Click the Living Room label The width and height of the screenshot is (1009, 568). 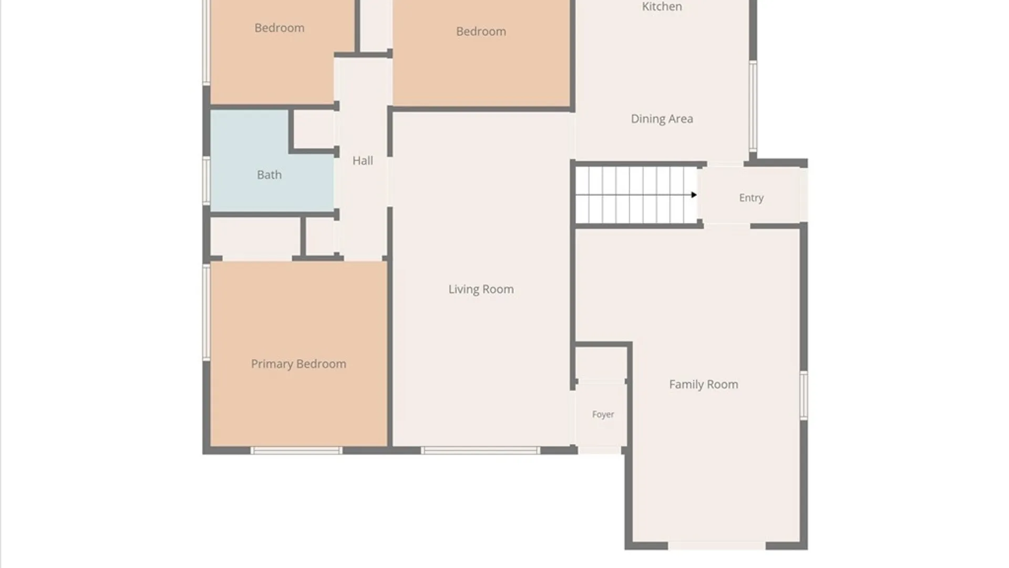[481, 289]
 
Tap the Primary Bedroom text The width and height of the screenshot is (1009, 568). [298, 364]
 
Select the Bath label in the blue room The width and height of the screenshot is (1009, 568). [269, 175]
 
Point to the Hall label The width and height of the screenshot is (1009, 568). [363, 160]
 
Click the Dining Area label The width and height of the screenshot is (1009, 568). [662, 119]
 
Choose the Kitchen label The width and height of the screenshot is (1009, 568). [662, 6]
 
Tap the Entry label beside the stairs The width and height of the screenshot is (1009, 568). [751, 198]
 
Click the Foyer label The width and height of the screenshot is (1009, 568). [603, 414]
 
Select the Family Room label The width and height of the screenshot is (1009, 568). [704, 384]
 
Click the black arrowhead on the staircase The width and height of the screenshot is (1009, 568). [694, 195]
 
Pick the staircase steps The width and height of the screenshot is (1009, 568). [636, 195]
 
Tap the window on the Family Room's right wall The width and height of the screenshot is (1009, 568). [804, 395]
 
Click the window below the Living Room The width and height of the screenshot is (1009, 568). [480, 451]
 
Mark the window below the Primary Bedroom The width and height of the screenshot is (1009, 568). [296, 451]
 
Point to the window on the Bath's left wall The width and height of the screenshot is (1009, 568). [207, 180]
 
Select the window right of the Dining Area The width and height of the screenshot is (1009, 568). [753, 106]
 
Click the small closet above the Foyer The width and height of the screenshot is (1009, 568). [601, 363]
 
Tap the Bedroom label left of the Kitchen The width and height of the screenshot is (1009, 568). [481, 32]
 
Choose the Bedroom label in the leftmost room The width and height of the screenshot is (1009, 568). [279, 28]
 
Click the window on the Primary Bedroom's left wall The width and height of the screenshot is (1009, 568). [207, 312]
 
